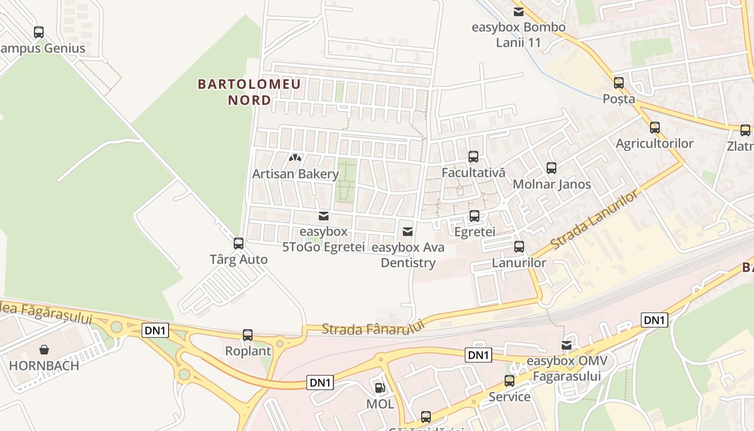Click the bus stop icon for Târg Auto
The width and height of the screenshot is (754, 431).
239,244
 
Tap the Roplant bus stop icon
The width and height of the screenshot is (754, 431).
248,335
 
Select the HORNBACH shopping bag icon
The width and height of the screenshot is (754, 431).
44,350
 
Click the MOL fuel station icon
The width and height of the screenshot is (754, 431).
380,388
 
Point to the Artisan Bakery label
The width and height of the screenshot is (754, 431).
296,174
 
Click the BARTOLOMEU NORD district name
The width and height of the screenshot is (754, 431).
249,92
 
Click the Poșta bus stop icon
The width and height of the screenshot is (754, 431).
619,83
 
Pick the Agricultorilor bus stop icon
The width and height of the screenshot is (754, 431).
655,128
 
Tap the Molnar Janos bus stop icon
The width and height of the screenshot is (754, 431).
551,168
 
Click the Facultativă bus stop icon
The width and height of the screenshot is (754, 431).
473,157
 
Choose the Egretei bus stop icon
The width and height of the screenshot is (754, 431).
474,216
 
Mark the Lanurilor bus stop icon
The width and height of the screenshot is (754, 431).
519,247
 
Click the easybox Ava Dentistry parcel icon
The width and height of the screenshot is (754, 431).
408,232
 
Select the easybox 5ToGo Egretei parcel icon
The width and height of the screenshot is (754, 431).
324,216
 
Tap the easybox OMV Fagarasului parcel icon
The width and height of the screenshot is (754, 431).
567,345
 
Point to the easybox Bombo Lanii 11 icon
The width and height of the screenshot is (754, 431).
519,11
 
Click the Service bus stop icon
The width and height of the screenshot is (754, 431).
509,381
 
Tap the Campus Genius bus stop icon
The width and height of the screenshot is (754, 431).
39,32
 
